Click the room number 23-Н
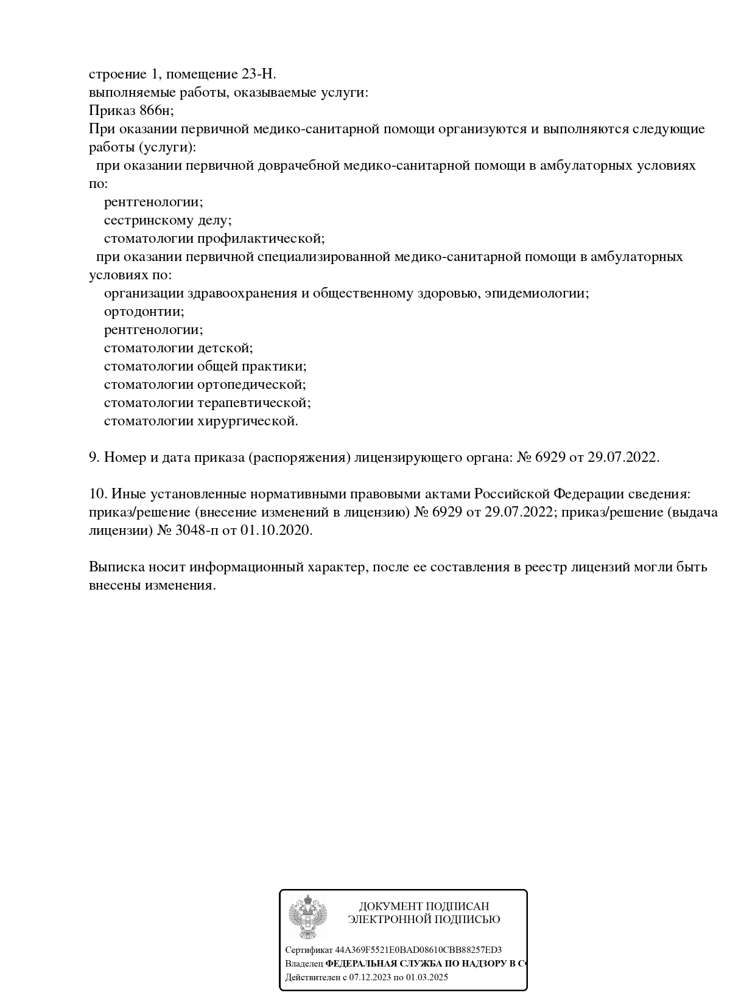point(259,74)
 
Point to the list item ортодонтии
point(144,312)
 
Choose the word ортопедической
point(251,385)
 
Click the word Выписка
point(116,567)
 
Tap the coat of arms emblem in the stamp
point(307,917)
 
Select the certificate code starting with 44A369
point(418,950)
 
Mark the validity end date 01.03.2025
point(427,978)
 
